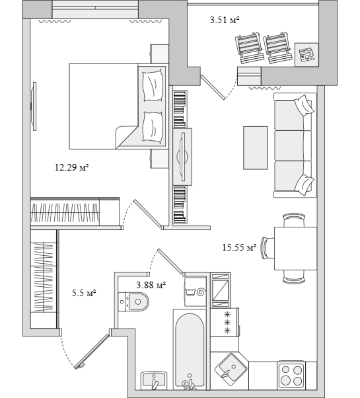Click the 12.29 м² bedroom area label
(72, 167)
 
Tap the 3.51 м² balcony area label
(225, 20)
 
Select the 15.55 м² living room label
(239, 247)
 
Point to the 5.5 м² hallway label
(84, 294)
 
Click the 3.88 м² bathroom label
(151, 285)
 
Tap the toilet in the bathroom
(133, 301)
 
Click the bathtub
(190, 350)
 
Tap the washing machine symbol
(196, 292)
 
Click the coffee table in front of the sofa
(255, 147)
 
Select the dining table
(295, 249)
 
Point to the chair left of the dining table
(267, 248)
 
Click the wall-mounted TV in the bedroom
(34, 106)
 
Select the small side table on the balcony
(306, 55)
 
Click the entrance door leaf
(92, 351)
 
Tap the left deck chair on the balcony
(249, 48)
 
